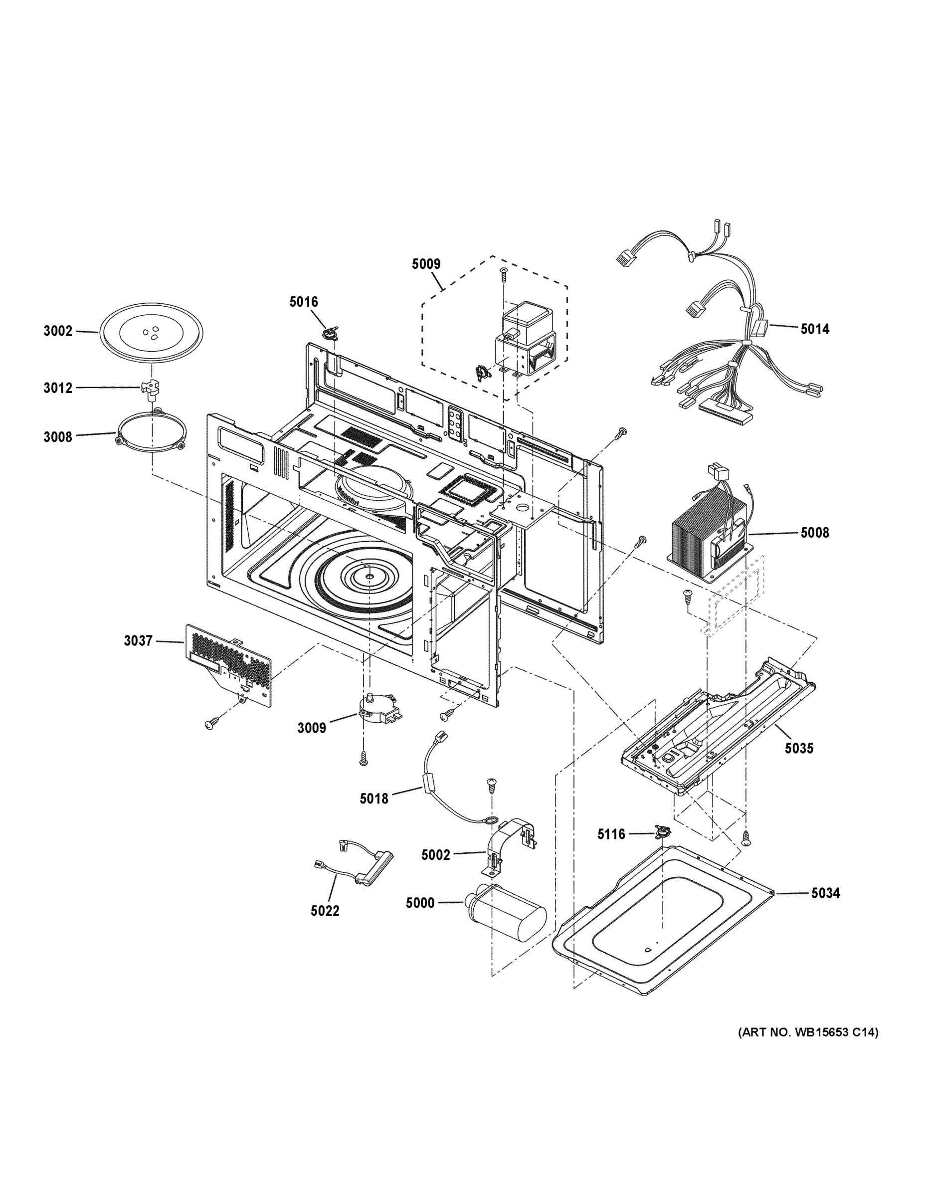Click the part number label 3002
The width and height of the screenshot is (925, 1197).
tap(57, 331)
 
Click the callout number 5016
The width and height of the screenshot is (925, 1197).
tap(303, 302)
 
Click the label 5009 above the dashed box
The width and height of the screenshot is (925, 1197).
tap(426, 264)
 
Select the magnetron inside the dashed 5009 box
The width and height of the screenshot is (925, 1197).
tap(526, 340)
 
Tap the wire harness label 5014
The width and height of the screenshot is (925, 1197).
tap(814, 329)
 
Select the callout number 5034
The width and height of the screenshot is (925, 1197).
tap(825, 893)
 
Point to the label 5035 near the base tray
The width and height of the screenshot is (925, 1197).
tap(798, 748)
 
